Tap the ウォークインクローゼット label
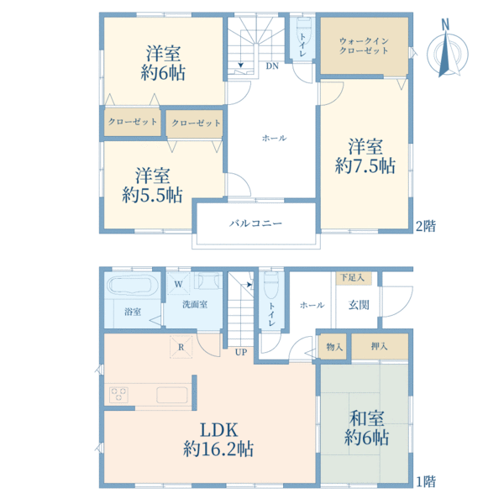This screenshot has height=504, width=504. pyautogui.click(x=364, y=45)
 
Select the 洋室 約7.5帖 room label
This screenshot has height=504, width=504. pyautogui.click(x=365, y=156)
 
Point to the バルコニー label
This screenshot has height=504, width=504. pyautogui.click(x=256, y=223)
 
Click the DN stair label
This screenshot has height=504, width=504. pyautogui.click(x=272, y=66)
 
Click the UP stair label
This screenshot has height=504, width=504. pyautogui.click(x=241, y=352)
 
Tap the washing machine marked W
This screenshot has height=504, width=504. pyautogui.click(x=178, y=284)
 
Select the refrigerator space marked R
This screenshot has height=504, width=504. pyautogui.click(x=181, y=347)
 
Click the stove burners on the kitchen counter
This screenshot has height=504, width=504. pyautogui.click(x=118, y=395)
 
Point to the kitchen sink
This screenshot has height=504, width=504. pyautogui.click(x=172, y=395)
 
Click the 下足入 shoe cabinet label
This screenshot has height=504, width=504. pyautogui.click(x=352, y=277)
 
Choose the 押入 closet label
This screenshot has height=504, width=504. pyautogui.click(x=380, y=346)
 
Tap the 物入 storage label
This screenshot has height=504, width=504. pyautogui.click(x=334, y=347)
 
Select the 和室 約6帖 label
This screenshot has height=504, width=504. pyautogui.click(x=367, y=428)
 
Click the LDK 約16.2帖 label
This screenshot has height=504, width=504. pyautogui.click(x=218, y=439)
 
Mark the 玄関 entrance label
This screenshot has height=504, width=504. pyautogui.click(x=359, y=305)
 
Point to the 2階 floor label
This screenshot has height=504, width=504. pyautogui.click(x=426, y=226)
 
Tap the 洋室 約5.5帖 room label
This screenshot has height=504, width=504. pyautogui.click(x=152, y=186)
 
